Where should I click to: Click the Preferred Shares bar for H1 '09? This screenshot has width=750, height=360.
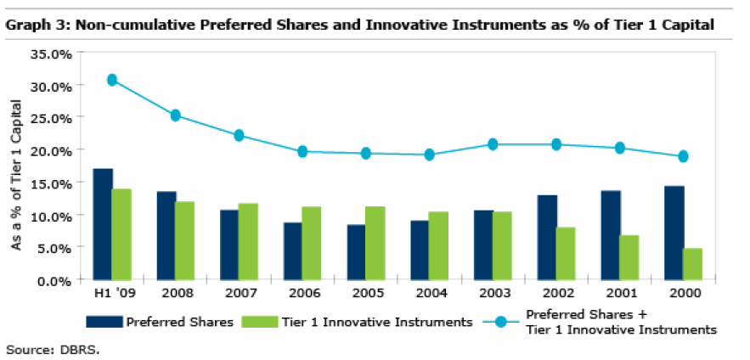coord(103,224)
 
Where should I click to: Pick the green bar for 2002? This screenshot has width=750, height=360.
coord(565,253)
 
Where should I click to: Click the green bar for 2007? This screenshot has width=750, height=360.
coord(248,241)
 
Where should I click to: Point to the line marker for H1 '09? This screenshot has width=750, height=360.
coord(111,80)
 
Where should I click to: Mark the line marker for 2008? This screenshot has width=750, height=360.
coord(175,115)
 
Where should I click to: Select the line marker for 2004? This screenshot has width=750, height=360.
coord(429,155)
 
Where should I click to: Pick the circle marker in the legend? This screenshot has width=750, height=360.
coord(500,322)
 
